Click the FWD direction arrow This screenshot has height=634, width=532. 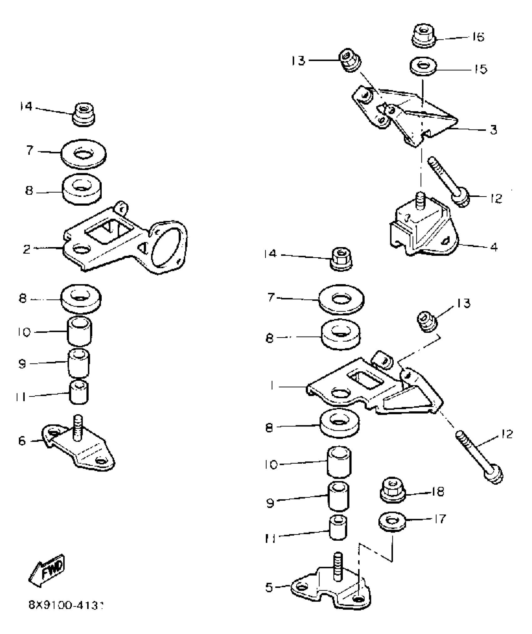47,571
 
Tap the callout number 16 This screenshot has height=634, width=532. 478,37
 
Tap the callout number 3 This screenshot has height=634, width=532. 493,129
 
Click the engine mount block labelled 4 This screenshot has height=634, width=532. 422,229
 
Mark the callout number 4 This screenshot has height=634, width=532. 494,247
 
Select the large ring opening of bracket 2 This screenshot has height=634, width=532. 166,247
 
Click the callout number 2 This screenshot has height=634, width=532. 27,249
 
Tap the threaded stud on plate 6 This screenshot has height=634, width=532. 78,427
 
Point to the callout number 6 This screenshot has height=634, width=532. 22,441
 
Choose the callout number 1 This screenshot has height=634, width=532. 273,387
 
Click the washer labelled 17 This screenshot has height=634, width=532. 391,522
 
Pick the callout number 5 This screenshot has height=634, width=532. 269,588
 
